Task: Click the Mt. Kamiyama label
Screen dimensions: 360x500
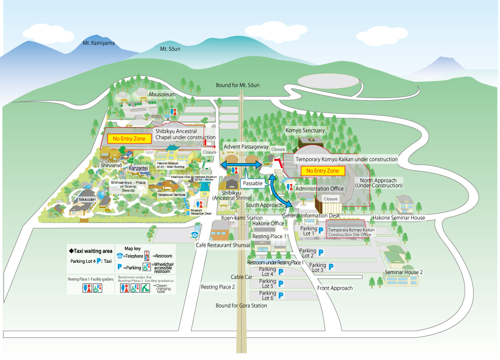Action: (99, 43)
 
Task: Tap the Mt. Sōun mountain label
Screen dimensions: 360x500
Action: (170, 49)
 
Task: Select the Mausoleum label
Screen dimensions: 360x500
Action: (162, 94)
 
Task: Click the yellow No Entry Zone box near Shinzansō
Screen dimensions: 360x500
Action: (129, 138)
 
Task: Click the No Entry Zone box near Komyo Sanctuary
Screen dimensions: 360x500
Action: (323, 171)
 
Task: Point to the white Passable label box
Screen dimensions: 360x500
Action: (253, 183)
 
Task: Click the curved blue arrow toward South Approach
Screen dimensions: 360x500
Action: (279, 191)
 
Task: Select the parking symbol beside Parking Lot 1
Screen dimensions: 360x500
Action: (320, 230)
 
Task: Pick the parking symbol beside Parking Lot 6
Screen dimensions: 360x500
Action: (281, 296)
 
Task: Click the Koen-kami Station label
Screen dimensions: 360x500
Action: (242, 218)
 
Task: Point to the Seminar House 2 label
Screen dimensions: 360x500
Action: (403, 272)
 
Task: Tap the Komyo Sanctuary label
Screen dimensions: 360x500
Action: (305, 130)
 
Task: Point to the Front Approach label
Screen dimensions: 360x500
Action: (335, 288)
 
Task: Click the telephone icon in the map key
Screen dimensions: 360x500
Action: (120, 256)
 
